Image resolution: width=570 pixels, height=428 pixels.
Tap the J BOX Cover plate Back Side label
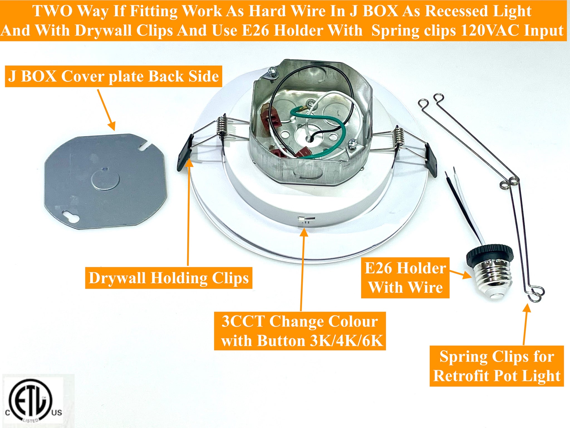click(113, 76)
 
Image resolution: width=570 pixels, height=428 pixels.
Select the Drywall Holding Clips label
click(168, 278)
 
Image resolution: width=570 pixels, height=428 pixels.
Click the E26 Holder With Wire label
click(405, 278)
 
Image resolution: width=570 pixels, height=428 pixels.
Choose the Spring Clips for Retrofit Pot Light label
click(497, 366)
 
